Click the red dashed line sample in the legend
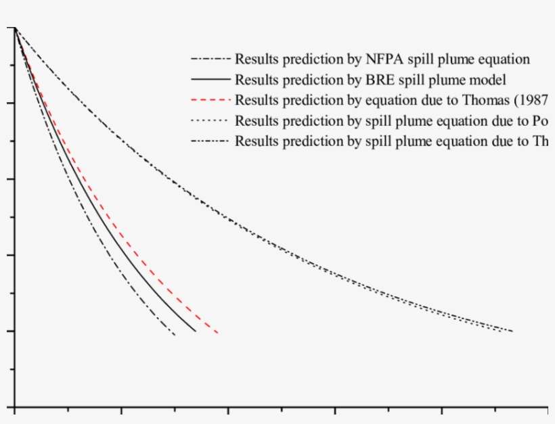pos(211,101)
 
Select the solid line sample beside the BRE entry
pos(211,80)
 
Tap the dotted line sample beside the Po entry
pos(211,122)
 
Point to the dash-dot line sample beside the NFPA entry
pos(211,60)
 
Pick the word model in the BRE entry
pos(487,80)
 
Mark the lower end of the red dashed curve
pos(217,333)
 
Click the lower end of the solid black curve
pos(196,331)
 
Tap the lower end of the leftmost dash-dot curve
pos(175,335)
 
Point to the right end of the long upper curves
pos(512,331)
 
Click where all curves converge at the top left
pos(14,28)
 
